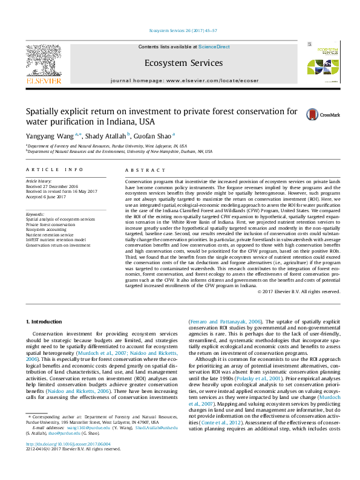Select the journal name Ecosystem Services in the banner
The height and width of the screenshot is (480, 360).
[x=184, y=63]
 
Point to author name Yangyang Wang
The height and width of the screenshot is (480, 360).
[x=50, y=135]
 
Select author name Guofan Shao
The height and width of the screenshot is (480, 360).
[x=154, y=135]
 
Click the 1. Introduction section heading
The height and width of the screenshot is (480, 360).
[x=46, y=321]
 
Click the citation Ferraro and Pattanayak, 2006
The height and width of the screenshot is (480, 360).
[x=227, y=321]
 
